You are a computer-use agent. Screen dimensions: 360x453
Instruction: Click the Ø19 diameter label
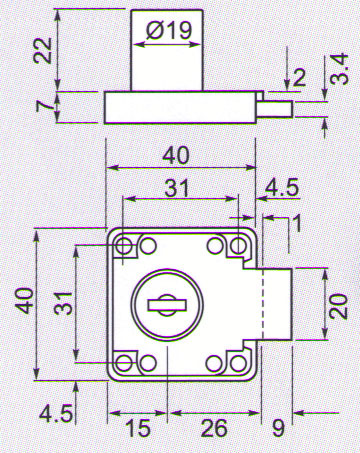point(169,31)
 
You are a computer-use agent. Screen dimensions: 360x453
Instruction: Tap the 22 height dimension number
point(43,50)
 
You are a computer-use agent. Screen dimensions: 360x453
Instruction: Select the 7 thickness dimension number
point(45,106)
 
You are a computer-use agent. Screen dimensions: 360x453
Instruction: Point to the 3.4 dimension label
point(340,69)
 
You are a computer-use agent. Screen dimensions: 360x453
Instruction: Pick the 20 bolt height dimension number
point(340,305)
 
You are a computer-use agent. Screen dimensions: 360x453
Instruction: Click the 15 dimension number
point(137,428)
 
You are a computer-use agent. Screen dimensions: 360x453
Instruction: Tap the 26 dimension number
point(214,428)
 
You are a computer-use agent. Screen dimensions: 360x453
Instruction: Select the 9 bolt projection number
point(278,428)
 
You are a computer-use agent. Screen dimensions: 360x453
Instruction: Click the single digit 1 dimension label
point(298,223)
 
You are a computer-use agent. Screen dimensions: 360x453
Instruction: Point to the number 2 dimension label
point(298,78)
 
